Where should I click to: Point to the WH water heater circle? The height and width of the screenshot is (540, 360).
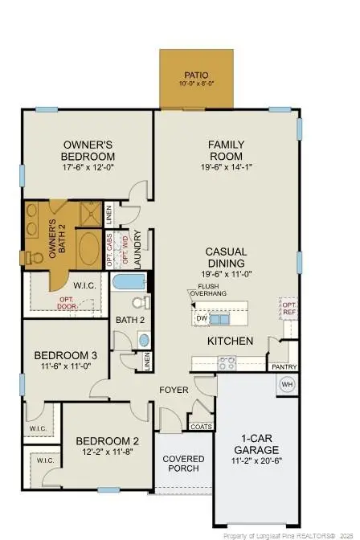287,384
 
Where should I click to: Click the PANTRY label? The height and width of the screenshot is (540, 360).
284,367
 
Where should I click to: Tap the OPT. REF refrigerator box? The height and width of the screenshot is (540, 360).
289,309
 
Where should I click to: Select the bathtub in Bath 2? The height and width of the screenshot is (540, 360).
130,282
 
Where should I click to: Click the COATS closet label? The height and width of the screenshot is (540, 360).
202,427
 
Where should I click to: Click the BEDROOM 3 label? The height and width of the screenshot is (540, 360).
66,355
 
